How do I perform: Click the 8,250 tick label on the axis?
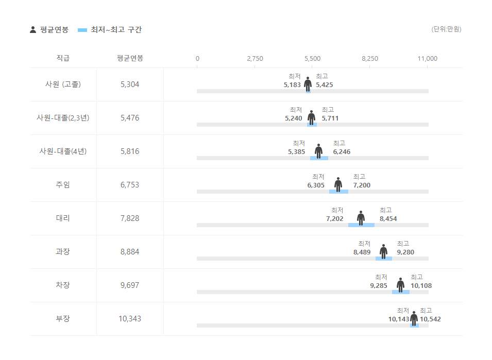coord(370,59)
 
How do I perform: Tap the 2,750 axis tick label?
coord(255,59)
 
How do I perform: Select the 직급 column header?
coord(63,58)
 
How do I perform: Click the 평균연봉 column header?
coord(130,58)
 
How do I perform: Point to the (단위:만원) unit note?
coord(446,29)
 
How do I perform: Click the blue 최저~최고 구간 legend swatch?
coord(82,30)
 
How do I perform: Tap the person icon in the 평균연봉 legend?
coord(33,30)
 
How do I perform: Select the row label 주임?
coord(63,185)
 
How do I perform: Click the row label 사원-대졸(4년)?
coord(63,151)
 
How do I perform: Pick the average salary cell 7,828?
coord(130,218)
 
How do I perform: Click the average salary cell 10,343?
coord(130,319)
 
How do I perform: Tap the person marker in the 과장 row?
coord(383,251)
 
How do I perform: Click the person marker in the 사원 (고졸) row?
coord(308,84)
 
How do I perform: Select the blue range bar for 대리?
coord(361,225)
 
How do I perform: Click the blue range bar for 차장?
coord(401,292)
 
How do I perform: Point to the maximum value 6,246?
coord(342,152)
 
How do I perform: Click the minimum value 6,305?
coord(316,185)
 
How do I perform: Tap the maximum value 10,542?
coord(430,319)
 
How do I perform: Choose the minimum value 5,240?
coord(294,118)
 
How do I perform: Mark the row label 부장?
coord(63,319)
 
